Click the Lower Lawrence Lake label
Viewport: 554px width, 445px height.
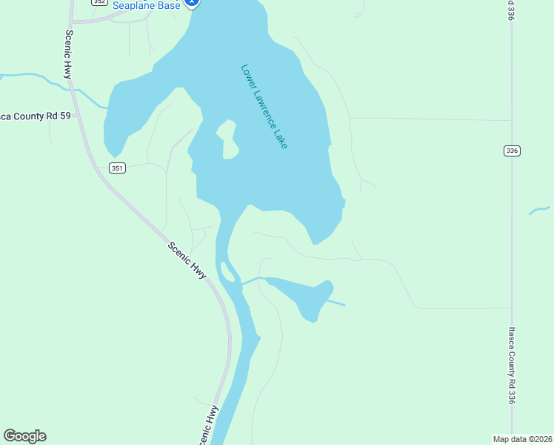point(264,106)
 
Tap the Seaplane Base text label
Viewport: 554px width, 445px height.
point(146,5)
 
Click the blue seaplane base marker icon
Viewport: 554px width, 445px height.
point(193,3)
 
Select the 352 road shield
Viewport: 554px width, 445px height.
point(100,2)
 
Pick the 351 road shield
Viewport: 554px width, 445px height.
point(117,168)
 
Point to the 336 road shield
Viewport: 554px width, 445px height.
point(512,151)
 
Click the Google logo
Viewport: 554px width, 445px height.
point(24,436)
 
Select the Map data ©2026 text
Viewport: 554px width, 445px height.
point(522,438)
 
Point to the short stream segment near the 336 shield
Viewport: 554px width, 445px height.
point(539,211)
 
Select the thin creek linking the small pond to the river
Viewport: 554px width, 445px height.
point(252,280)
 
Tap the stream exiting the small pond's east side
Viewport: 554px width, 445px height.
point(337,303)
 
